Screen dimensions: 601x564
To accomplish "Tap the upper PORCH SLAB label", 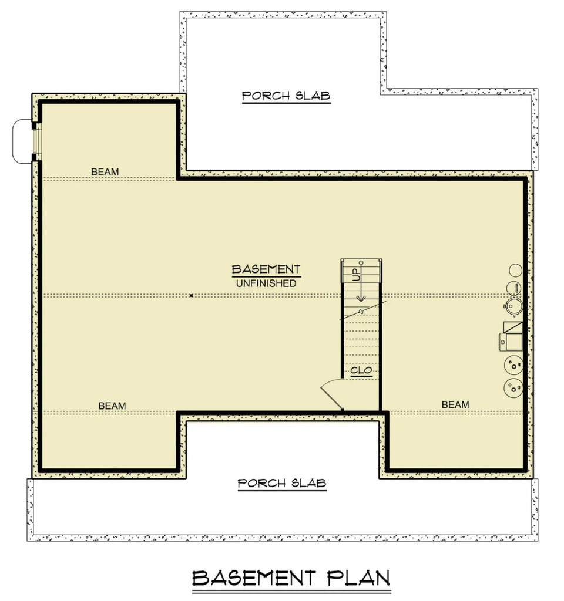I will pos(286,96).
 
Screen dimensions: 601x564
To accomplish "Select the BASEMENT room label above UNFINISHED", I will pos(266,269).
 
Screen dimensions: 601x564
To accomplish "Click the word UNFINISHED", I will pos(266,283).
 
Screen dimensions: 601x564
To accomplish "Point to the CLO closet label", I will pos(361,370).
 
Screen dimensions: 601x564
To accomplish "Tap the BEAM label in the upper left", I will pos(105,171).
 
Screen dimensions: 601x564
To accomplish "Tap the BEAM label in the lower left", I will pos(112,405).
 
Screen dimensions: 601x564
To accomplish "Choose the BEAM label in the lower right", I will pos(455,404).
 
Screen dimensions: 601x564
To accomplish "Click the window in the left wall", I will pos(35,141).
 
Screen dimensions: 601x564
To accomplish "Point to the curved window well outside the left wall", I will pos(22,141).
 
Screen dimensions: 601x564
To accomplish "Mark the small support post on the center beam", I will pos(192,295).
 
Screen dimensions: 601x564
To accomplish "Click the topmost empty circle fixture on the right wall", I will pos(515,270).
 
